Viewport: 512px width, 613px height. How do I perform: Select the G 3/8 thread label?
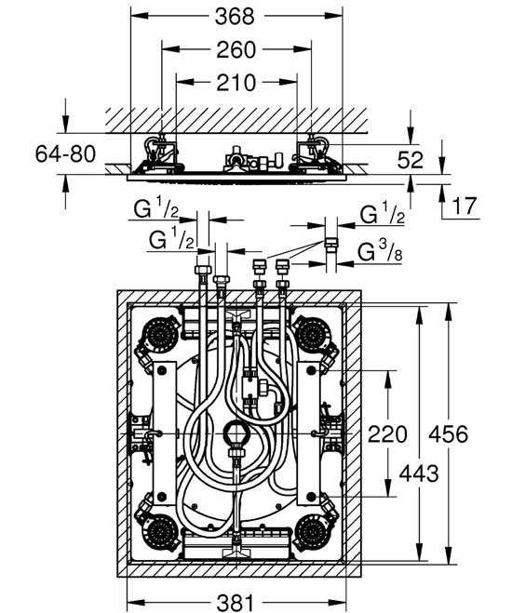[x=382, y=250]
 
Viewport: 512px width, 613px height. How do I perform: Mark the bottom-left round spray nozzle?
[x=161, y=532]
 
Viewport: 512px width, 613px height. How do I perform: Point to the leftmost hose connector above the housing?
[x=201, y=274]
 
